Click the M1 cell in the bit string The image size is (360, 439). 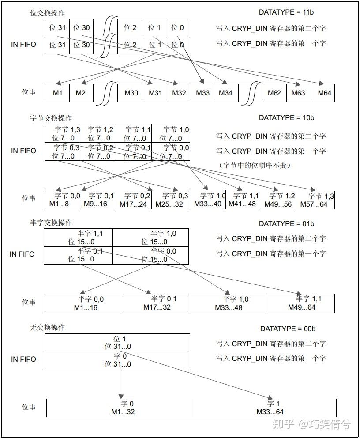pos(58,93)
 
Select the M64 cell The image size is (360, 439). pos(322,93)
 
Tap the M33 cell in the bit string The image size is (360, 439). pos(202,93)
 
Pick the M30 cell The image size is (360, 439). pos(131,93)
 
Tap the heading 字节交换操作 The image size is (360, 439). pos(50,118)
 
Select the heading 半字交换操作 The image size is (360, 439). pos(50,223)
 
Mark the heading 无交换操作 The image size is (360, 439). pos(47,328)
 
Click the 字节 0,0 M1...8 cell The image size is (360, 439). pos(64,200)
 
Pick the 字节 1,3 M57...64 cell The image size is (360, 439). pos(316,200)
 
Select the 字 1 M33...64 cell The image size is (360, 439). pos(264,408)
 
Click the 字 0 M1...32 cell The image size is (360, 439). pos(119,408)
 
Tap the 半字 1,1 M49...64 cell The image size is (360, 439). pos(301,303)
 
